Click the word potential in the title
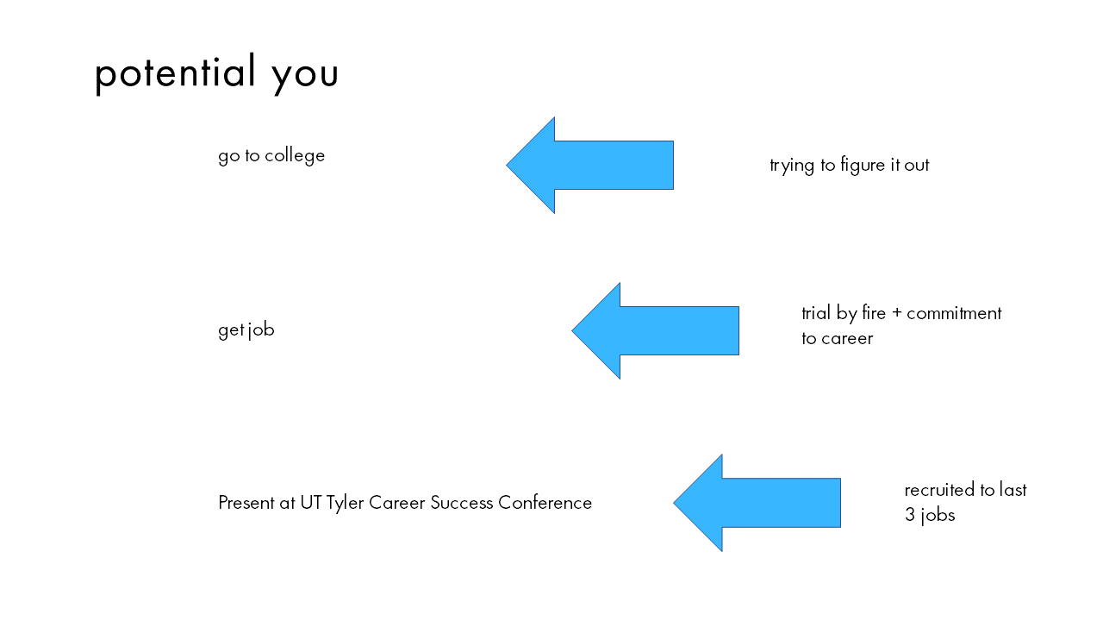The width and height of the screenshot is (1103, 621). (175, 72)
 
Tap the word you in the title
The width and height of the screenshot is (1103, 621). (305, 76)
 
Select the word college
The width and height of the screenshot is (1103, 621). (295, 156)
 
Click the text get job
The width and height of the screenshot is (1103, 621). (246, 329)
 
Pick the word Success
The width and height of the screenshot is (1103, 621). (461, 503)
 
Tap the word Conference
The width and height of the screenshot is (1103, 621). (545, 503)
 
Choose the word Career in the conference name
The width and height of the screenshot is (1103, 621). (397, 503)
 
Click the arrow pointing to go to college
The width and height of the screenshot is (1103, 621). (590, 165)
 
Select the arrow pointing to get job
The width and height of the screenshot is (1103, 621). (656, 330)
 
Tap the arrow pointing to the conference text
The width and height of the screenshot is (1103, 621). (757, 503)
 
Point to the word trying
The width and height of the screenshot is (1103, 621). (792, 166)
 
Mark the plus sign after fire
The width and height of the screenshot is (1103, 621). (896, 313)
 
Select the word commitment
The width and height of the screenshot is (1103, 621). (954, 313)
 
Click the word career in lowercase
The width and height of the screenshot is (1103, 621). (847, 339)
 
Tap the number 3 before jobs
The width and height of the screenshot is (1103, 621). (909, 515)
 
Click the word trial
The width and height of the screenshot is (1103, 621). (816, 313)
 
